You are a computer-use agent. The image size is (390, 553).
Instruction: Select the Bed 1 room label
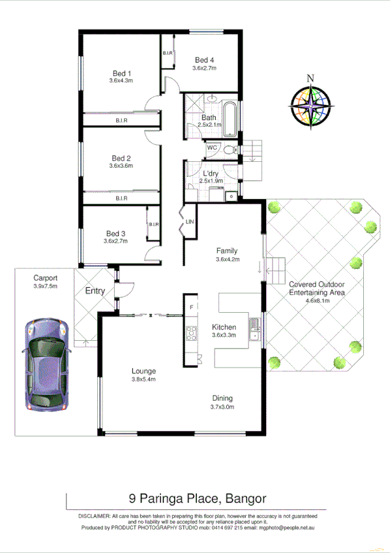[121, 73]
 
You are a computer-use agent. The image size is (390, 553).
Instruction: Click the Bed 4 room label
[204, 60]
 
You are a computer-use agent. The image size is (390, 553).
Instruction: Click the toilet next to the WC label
[228, 150]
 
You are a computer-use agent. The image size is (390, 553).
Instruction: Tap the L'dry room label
[210, 173]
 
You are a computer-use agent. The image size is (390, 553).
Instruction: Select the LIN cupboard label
[189, 223]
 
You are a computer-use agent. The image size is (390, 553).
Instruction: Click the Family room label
[226, 251]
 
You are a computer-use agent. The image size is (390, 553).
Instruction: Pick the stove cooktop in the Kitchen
[192, 334]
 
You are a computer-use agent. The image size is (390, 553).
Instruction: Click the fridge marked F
[192, 307]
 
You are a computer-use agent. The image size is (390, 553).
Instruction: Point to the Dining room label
[222, 398]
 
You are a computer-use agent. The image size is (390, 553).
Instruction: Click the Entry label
[95, 291]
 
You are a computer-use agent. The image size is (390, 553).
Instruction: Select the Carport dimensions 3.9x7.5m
[46, 285]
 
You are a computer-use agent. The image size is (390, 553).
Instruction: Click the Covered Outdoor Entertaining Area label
[317, 289]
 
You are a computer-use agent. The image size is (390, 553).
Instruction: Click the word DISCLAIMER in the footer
[95, 516]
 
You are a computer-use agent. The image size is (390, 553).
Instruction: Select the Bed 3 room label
[115, 233]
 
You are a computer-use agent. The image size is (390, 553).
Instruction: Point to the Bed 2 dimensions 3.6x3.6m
[121, 166]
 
